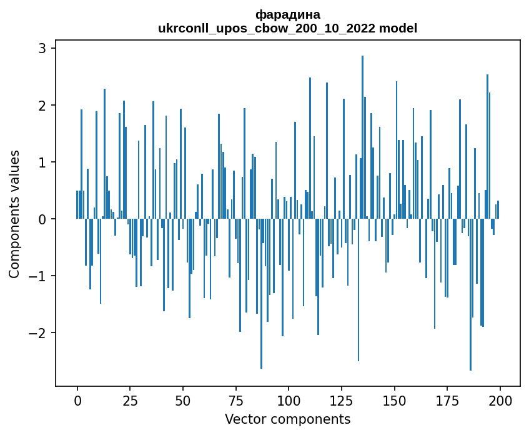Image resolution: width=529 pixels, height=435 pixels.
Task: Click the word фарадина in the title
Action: point(288,14)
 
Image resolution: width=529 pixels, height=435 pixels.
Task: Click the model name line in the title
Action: point(288,28)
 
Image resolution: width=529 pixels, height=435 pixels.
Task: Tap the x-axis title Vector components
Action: point(287,419)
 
